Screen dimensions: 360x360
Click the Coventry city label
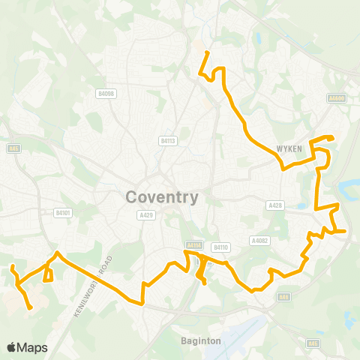[162, 197]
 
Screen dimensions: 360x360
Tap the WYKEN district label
[288, 148]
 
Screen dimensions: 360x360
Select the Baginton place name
[201, 340]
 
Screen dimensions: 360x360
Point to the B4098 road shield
[106, 93]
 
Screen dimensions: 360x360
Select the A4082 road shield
[259, 241]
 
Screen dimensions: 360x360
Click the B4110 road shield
[220, 246]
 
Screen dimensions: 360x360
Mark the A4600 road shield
[336, 97]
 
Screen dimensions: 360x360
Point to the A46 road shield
[283, 297]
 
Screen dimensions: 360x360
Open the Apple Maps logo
[27, 347]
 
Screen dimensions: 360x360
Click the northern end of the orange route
[206, 52]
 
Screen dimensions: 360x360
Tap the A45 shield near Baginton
[312, 343]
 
